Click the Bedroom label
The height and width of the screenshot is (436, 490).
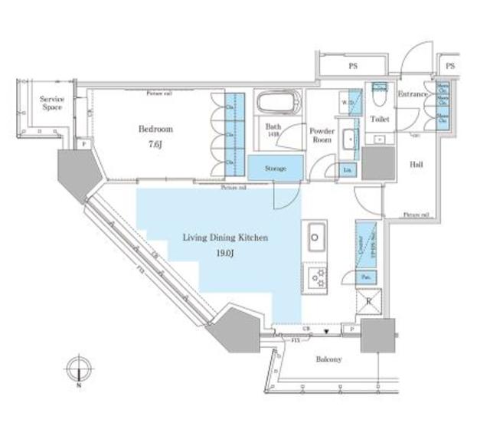[155, 129]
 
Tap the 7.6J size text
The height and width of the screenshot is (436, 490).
[155, 144]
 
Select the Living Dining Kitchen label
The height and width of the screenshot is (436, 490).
[224, 238]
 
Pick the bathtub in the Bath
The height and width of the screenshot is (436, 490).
[279, 103]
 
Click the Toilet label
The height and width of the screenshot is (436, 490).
[379, 120]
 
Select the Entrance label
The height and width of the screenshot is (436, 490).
[413, 94]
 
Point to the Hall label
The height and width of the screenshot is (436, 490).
[416, 164]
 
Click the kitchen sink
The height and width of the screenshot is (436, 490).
[317, 236]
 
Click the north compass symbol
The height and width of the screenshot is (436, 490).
[80, 369]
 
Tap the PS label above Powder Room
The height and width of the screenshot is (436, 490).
[354, 67]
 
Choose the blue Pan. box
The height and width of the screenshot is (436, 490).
[366, 276]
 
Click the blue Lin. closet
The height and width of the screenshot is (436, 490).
[348, 169]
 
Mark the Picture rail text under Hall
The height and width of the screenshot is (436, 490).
[416, 215]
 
